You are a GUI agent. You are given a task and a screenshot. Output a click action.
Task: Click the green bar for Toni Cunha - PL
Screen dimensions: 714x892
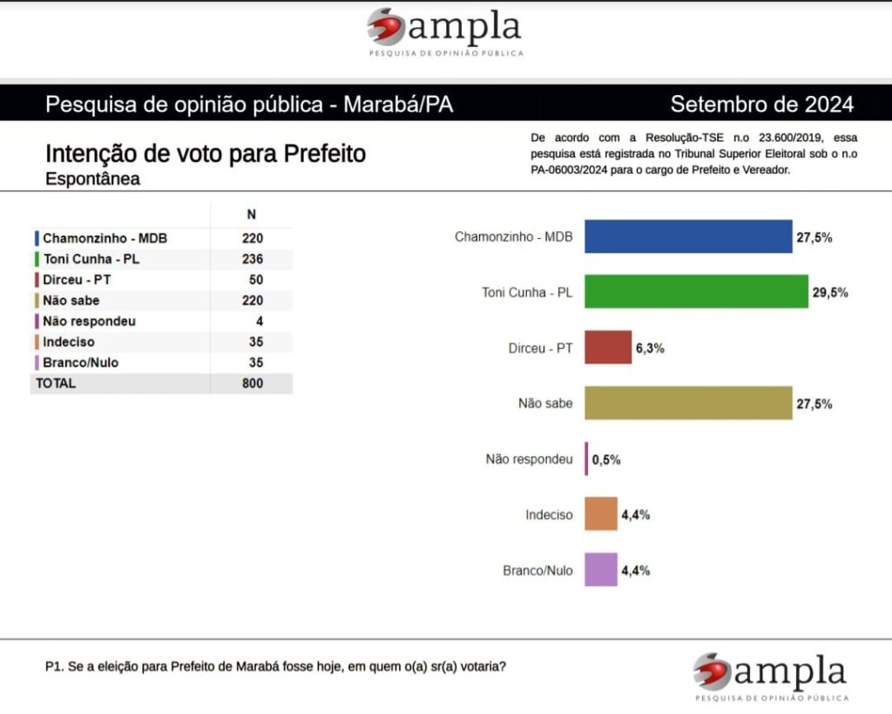[x=696, y=292]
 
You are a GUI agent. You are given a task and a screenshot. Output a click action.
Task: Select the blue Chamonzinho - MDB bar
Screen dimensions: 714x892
[x=688, y=236]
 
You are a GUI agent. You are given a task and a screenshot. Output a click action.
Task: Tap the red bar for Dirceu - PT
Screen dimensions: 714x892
[x=608, y=347]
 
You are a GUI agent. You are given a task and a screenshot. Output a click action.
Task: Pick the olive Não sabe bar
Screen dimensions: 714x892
[x=688, y=403]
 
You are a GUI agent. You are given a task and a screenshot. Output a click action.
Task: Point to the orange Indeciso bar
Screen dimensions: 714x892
[x=601, y=513]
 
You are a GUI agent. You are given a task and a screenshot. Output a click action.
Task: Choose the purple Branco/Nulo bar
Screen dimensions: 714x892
[x=601, y=569]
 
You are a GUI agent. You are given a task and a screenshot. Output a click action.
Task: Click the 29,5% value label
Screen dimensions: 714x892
[x=830, y=293]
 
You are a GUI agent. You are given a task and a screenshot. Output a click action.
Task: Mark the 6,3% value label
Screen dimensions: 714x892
[x=648, y=348]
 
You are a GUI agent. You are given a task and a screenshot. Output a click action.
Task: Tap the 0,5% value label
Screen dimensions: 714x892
[x=606, y=459]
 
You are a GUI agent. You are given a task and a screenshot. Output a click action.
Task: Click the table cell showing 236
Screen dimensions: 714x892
[x=253, y=259]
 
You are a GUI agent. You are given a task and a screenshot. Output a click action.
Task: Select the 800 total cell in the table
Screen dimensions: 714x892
[x=253, y=384]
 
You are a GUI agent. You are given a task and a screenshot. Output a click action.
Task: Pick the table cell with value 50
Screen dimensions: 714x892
[x=255, y=280]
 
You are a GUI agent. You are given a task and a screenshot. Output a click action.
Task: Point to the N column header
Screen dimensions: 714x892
[x=252, y=214]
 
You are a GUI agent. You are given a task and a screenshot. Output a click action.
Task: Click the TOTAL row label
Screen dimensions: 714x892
[x=56, y=384]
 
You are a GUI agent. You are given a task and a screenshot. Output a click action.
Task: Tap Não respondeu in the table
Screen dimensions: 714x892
[x=89, y=321]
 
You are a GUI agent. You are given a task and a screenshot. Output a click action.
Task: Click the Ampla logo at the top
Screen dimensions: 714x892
[x=445, y=31]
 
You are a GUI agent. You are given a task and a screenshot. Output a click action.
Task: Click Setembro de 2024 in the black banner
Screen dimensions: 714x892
[x=762, y=105]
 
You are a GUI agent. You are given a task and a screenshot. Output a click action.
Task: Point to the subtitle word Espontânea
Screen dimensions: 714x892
[x=92, y=179]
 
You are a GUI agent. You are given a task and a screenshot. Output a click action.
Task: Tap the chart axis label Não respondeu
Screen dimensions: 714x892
[x=529, y=459]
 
